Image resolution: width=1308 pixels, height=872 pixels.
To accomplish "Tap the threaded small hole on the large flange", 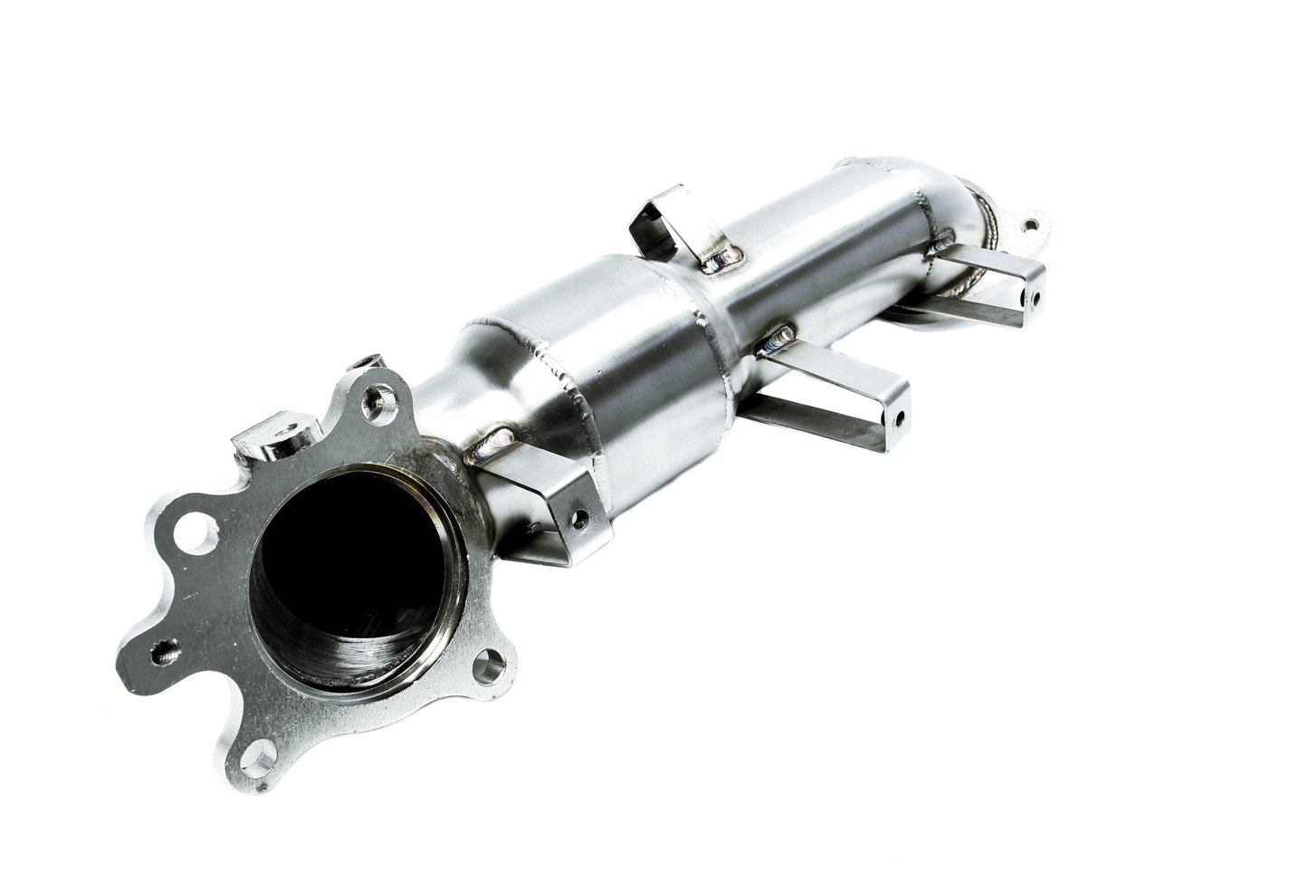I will pos(167,649).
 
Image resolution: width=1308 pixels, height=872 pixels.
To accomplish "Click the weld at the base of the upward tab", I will pos(721,263).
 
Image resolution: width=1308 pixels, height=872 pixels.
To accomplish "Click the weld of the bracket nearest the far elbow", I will pos(944,242).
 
